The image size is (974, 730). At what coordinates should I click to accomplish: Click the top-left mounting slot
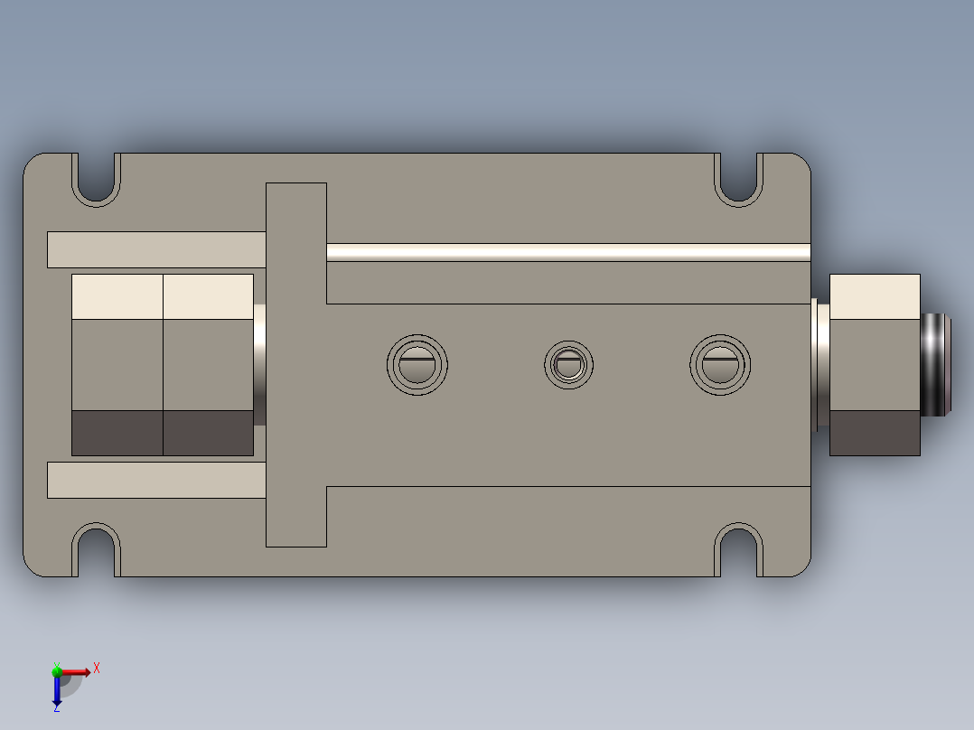(96, 178)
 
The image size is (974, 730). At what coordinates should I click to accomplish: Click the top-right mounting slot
(739, 178)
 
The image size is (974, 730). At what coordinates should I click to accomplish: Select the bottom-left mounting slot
(96, 549)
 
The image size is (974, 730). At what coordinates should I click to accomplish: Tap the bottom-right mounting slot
(739, 549)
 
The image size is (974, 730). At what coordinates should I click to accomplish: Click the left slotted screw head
(417, 365)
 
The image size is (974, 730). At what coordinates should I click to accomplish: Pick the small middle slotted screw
(569, 365)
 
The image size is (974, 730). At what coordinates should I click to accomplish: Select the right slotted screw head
(721, 365)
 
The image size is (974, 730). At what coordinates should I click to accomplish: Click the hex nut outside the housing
(874, 365)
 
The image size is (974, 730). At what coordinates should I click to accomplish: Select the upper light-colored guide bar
(155, 250)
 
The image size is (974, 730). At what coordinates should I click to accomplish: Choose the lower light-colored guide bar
(155, 480)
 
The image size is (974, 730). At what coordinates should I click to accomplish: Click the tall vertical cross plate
(295, 365)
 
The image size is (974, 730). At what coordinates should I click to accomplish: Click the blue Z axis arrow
(57, 691)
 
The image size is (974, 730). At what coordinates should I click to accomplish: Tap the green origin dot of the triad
(57, 670)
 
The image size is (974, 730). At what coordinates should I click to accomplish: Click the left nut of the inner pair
(117, 365)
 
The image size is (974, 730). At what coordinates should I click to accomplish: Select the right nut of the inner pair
(208, 365)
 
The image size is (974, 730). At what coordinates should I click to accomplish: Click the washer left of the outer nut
(821, 365)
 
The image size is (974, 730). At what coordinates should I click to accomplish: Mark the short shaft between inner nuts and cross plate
(259, 365)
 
